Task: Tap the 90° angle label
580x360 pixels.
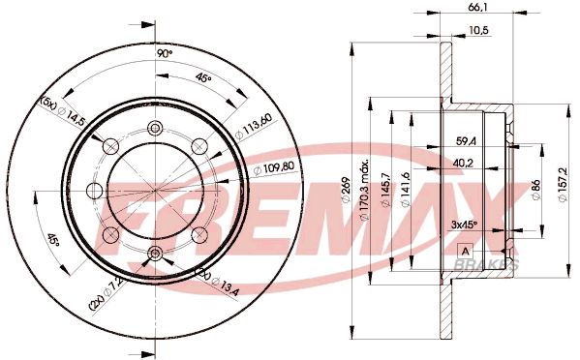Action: click(x=166, y=54)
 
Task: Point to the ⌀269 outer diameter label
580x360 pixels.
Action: click(x=345, y=189)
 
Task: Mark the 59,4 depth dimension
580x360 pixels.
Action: click(x=466, y=141)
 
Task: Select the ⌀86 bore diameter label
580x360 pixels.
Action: click(x=535, y=190)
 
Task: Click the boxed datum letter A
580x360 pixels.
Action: click(x=464, y=250)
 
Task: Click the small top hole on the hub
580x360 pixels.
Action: click(x=155, y=129)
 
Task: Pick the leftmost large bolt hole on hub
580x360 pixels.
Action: click(x=95, y=190)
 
